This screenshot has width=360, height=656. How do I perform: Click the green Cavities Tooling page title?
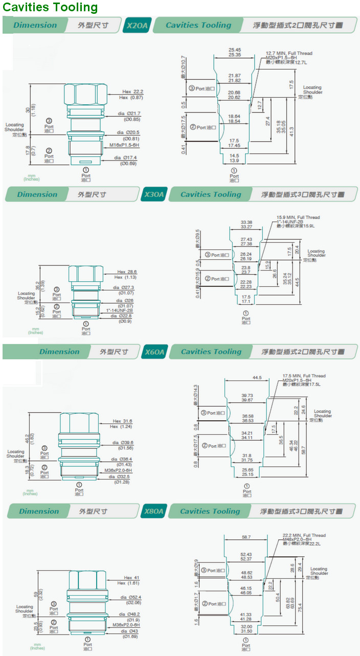50,7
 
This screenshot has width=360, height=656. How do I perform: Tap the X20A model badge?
137,25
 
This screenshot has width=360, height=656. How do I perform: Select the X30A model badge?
154,194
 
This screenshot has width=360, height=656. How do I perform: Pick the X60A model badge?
154,352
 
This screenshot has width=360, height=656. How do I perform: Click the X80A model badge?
153,511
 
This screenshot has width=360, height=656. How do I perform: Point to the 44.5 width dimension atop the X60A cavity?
257,377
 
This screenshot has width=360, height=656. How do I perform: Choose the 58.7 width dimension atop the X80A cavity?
246,537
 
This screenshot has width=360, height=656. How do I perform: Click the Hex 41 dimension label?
131,578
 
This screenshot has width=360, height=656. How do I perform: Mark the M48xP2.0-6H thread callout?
304,539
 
